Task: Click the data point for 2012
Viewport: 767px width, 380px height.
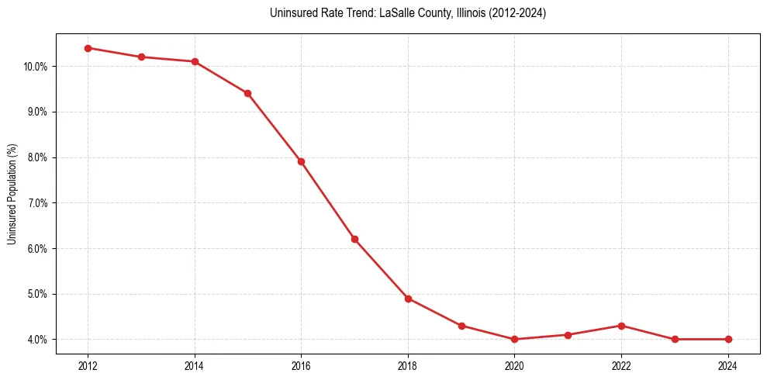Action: (x=88, y=48)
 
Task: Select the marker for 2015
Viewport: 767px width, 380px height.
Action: (x=247, y=93)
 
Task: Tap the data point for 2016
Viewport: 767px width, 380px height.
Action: (x=301, y=161)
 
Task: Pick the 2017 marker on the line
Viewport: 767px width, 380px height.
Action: (x=354, y=239)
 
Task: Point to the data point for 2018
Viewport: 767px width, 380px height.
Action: (x=408, y=299)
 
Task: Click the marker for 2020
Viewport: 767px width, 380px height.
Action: (x=514, y=339)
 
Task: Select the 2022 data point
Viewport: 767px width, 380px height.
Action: (x=621, y=326)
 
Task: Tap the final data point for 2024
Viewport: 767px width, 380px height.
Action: (x=728, y=339)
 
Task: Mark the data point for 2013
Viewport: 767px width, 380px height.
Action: (x=141, y=57)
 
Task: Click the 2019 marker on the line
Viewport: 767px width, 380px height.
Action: (x=461, y=326)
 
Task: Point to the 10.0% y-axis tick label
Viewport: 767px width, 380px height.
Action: (x=36, y=67)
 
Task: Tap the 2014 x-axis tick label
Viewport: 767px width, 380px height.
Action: (x=195, y=365)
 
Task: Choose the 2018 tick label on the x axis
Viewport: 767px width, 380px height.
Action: (x=408, y=365)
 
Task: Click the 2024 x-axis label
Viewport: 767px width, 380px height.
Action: (x=728, y=365)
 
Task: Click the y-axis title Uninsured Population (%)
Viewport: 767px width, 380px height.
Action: (x=12, y=193)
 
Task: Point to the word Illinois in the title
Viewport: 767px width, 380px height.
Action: (x=468, y=13)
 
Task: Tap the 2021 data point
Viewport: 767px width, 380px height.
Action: (x=568, y=335)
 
